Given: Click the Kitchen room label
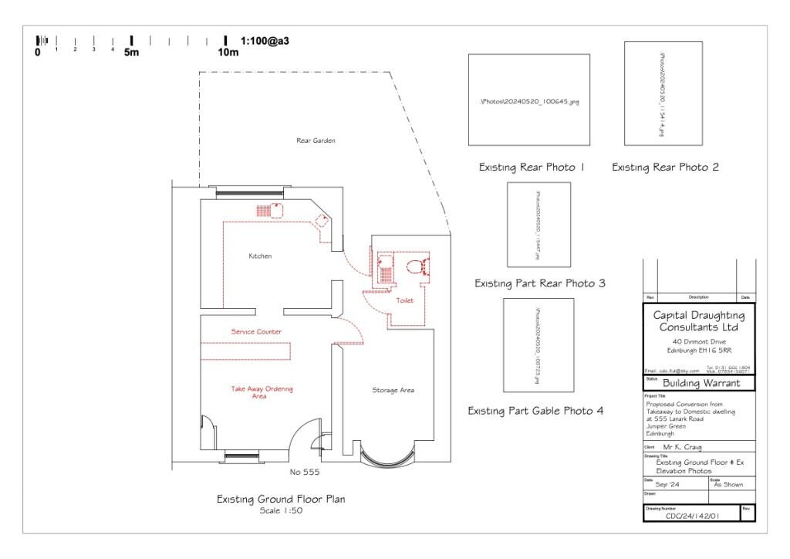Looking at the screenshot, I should tap(260, 256).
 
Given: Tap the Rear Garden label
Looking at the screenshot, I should tap(316, 141).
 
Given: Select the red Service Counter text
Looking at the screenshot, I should tap(256, 331).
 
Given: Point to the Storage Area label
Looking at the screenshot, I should tap(393, 391).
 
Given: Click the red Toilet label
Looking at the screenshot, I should tap(405, 300).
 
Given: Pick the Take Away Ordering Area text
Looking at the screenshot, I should tap(262, 392).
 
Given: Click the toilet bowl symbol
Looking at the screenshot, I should tap(416, 268).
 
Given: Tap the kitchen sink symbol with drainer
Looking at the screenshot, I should tap(268, 209).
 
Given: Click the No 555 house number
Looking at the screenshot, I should tap(305, 472).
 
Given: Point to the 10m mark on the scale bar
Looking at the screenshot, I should tap(228, 53).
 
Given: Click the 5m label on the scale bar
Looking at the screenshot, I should tap(131, 53).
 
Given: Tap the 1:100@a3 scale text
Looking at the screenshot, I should tap(265, 40).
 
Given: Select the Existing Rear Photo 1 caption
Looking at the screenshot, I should tap(532, 168).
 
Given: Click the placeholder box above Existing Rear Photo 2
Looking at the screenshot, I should tap(663, 93).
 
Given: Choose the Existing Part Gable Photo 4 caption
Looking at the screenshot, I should tap(535, 411).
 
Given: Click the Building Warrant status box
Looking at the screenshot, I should tap(698, 383).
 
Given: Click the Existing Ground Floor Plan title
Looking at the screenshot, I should tap(282, 500).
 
